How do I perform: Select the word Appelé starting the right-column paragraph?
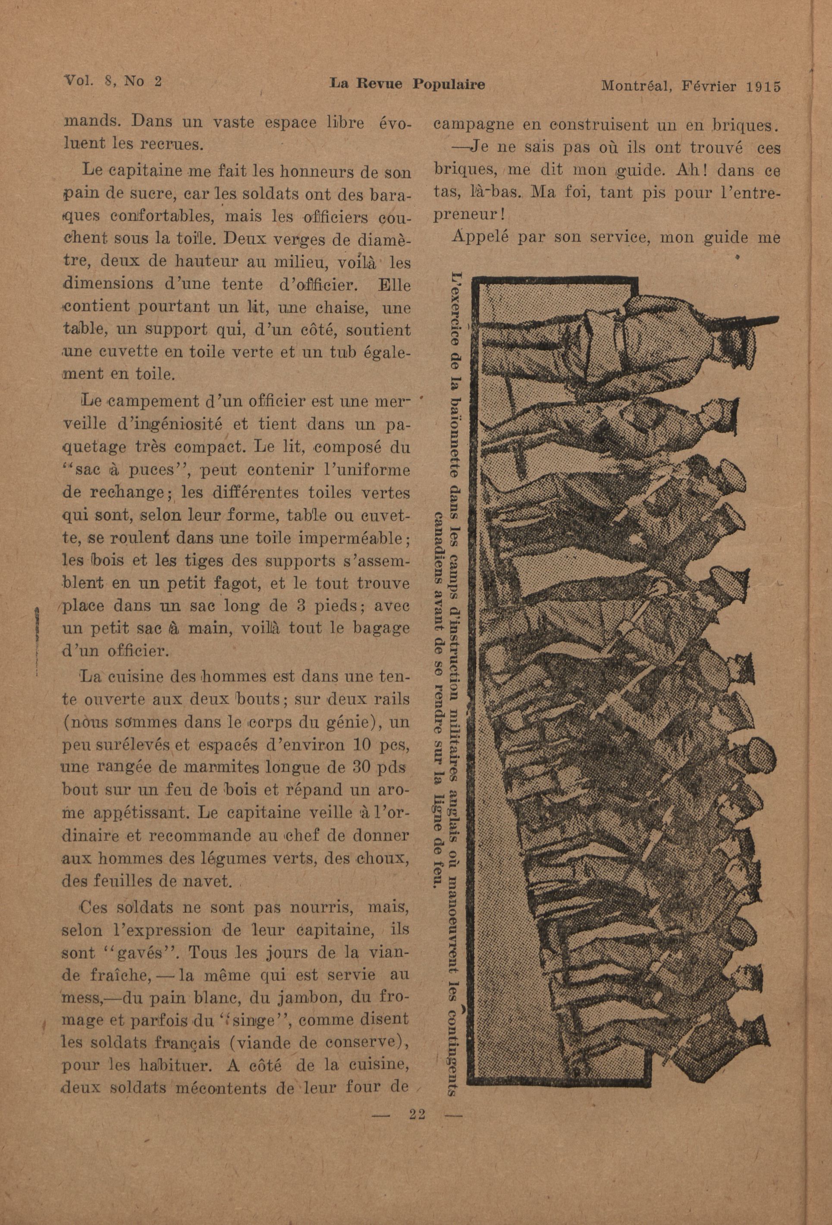click(481, 237)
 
